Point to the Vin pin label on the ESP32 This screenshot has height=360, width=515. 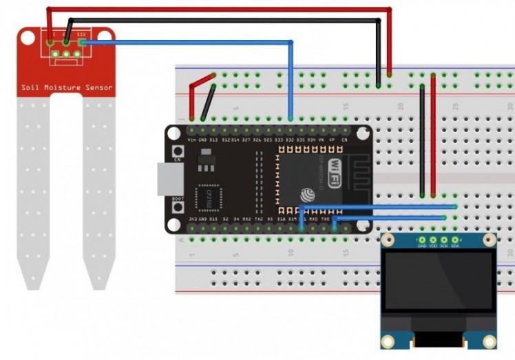191,140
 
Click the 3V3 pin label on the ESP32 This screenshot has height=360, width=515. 192,220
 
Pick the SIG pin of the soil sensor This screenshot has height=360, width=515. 81,43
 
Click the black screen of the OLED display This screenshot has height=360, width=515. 439,280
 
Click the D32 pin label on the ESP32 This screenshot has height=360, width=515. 290,140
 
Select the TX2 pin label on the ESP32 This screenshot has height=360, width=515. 258,220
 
